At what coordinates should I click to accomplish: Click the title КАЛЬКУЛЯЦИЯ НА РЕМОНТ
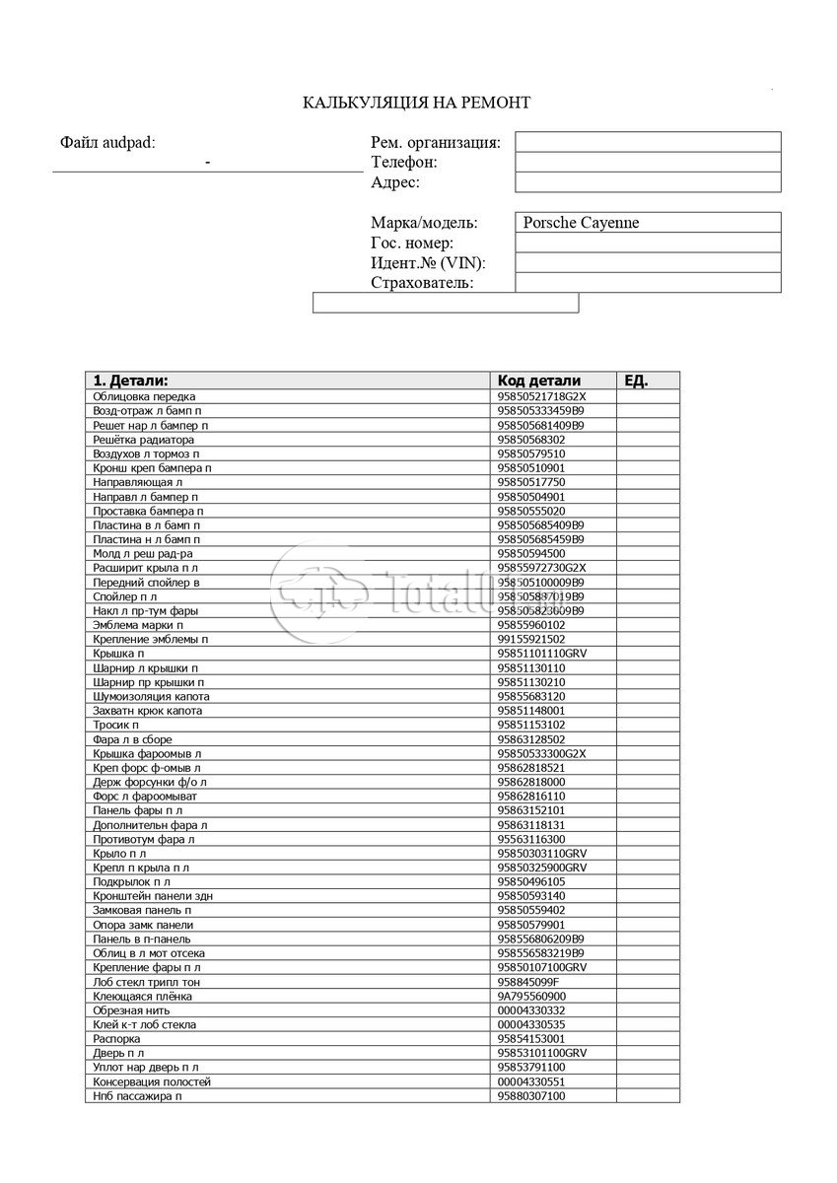(x=416, y=103)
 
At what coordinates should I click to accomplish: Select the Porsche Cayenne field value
(x=581, y=223)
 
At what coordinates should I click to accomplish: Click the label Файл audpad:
(x=107, y=143)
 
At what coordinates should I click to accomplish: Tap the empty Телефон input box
(x=647, y=162)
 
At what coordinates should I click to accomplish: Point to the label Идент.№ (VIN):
(x=428, y=263)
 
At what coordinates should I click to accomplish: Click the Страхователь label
(x=422, y=284)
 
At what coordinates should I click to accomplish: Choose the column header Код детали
(x=539, y=381)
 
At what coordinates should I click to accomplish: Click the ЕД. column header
(x=637, y=381)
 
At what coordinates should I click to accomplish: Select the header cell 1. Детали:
(x=130, y=381)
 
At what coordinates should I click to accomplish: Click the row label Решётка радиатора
(x=144, y=440)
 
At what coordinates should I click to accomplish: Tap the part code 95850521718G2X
(x=542, y=396)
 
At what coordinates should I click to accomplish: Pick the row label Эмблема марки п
(x=138, y=625)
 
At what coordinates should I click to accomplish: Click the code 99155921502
(x=532, y=639)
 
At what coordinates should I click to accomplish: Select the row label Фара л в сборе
(x=132, y=739)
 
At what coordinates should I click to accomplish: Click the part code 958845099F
(x=528, y=982)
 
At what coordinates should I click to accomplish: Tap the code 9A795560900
(x=532, y=996)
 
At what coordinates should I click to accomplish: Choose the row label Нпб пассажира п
(x=138, y=1096)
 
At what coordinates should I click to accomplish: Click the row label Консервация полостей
(x=152, y=1081)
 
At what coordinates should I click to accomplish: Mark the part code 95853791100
(x=532, y=1068)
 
